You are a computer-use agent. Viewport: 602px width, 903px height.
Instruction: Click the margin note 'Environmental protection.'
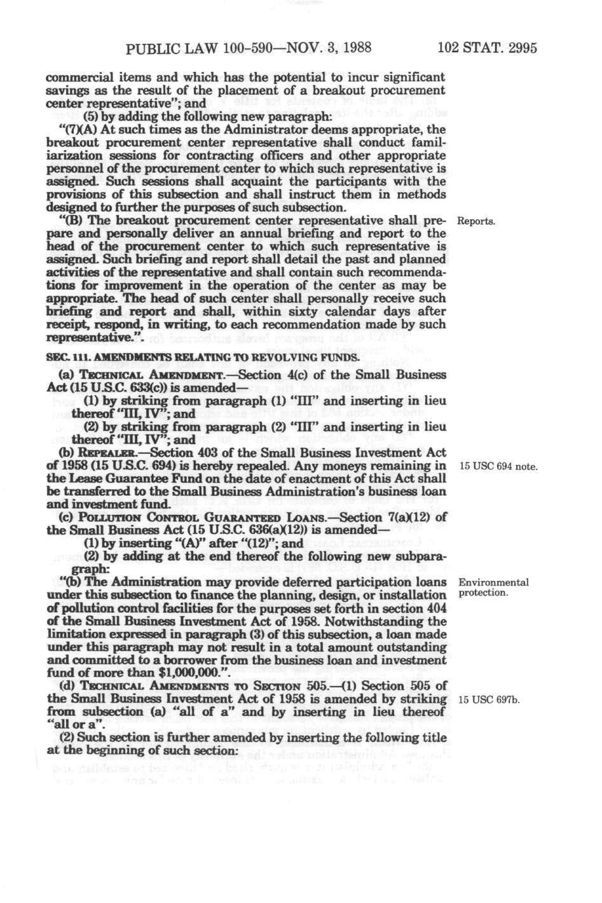point(493,587)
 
